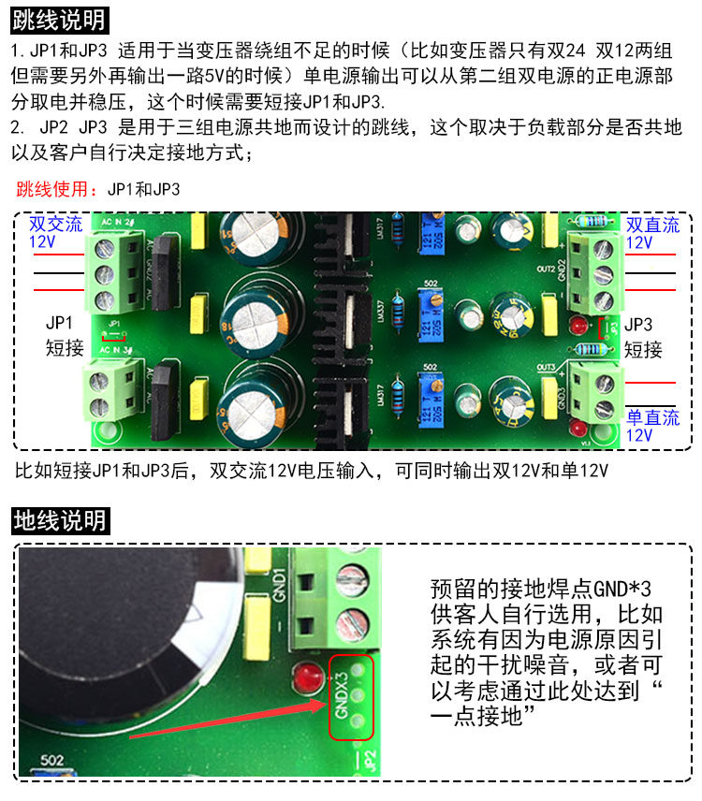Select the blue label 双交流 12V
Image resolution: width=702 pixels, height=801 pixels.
pyautogui.click(x=55, y=233)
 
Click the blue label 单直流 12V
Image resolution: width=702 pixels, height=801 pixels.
pyautogui.click(x=652, y=426)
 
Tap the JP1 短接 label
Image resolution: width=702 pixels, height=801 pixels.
pyautogui.click(x=65, y=336)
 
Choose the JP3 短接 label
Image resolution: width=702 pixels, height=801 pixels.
pyautogui.click(x=643, y=338)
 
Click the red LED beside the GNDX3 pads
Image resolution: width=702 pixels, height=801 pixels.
pyautogui.click(x=303, y=677)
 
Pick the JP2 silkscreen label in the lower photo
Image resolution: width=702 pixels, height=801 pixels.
pyautogui.click(x=370, y=757)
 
